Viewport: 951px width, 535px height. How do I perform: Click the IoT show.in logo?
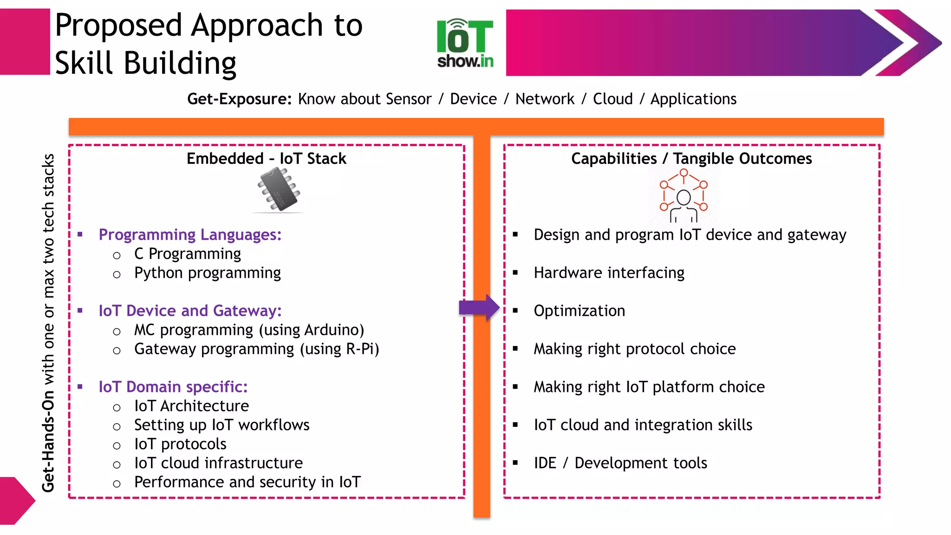pyautogui.click(x=465, y=43)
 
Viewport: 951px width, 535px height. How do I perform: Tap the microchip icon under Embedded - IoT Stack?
pyautogui.click(x=279, y=190)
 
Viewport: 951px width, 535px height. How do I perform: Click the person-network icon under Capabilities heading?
pyautogui.click(x=683, y=196)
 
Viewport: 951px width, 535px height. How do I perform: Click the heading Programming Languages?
pyautogui.click(x=190, y=235)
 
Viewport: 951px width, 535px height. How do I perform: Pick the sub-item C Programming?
pyautogui.click(x=187, y=254)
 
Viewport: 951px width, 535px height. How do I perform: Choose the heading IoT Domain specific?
pyautogui.click(x=173, y=387)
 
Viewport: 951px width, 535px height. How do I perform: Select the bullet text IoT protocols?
pyautogui.click(x=180, y=444)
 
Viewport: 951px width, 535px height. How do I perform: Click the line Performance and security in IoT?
pyautogui.click(x=247, y=482)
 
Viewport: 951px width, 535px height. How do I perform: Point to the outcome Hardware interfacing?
pyautogui.click(x=609, y=273)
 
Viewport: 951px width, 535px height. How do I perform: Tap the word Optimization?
pyautogui.click(x=579, y=311)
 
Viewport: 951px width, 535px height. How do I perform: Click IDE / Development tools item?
pyautogui.click(x=620, y=463)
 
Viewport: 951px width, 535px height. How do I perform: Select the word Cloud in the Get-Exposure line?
pyautogui.click(x=612, y=99)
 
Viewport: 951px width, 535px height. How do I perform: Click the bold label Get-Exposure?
pyautogui.click(x=239, y=99)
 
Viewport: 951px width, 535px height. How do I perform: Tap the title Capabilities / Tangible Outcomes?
pyautogui.click(x=691, y=159)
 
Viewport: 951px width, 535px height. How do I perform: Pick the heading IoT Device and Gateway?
pyautogui.click(x=190, y=311)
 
